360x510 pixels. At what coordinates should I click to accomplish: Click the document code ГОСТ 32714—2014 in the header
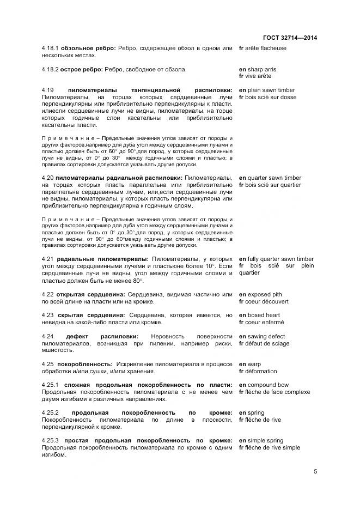[x=290, y=38]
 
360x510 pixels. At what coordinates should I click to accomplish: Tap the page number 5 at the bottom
[x=315, y=472]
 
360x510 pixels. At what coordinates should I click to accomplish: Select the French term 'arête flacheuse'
[x=266, y=48]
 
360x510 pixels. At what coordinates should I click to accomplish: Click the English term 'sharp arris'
[x=261, y=69]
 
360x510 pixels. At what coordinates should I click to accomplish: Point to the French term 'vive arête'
[x=260, y=76]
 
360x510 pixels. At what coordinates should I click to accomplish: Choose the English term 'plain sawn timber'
[x=270, y=90]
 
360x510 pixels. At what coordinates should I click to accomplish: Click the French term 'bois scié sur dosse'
[x=271, y=97]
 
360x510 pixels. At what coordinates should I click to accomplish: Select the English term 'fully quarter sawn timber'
[x=279, y=259]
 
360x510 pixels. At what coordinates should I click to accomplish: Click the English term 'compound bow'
[x=266, y=385]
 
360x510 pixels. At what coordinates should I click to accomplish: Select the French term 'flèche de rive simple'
[x=272, y=447]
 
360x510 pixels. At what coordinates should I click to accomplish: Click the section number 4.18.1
[x=51, y=48]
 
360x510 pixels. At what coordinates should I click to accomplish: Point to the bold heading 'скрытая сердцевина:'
[x=91, y=315]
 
